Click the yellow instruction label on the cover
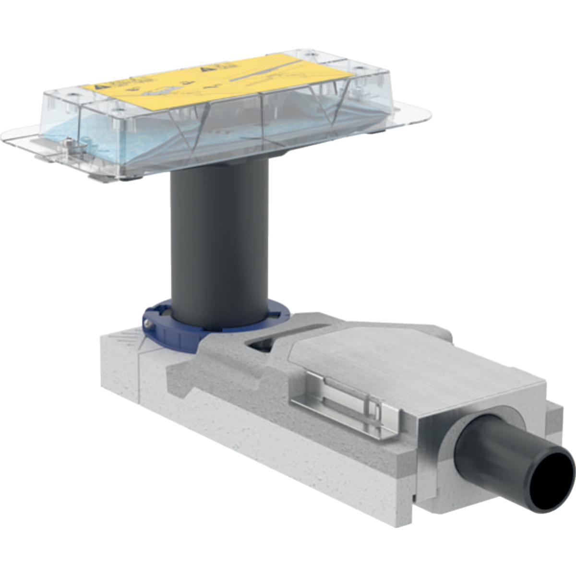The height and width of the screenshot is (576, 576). tap(192, 82)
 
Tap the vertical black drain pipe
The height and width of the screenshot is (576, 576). tap(218, 240)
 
